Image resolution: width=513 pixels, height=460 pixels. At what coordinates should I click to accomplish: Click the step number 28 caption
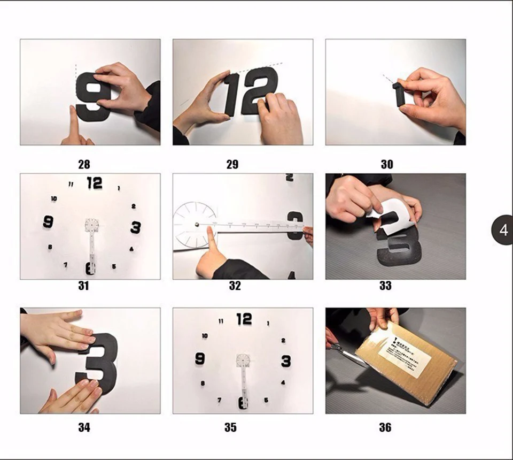[x=84, y=164]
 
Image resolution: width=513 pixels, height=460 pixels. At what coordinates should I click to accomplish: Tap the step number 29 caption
[x=232, y=164]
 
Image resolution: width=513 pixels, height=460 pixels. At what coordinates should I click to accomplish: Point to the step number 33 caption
[x=385, y=286]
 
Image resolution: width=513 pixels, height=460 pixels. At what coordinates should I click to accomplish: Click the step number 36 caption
[x=385, y=427]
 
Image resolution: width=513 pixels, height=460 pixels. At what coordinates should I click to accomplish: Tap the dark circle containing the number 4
[x=503, y=230]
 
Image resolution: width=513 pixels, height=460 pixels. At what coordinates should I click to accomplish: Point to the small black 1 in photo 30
[x=399, y=94]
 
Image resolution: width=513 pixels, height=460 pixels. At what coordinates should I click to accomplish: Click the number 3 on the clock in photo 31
[x=136, y=227]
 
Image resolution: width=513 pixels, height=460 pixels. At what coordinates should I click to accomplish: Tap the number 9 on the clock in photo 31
[x=48, y=221]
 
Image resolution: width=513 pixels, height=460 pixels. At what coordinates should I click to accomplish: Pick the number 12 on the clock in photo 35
[x=244, y=319]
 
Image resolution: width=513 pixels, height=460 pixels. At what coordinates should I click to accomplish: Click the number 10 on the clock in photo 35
[x=204, y=336]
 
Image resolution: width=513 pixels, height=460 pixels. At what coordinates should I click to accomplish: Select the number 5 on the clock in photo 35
[x=266, y=400]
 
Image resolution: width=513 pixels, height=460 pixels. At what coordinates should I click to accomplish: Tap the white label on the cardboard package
[x=404, y=350]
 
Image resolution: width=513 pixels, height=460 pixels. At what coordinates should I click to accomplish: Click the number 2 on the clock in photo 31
[x=133, y=206]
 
